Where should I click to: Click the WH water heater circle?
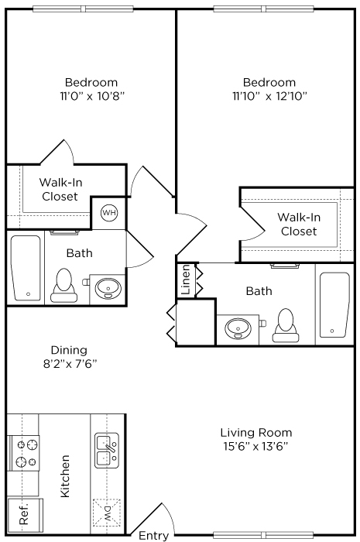click(108, 212)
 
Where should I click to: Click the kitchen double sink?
click(106, 451)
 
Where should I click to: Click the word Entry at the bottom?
click(153, 535)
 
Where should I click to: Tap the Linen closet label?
click(186, 280)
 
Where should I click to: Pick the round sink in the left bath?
click(106, 289)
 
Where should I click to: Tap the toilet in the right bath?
click(286, 325)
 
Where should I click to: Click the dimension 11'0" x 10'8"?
click(91, 97)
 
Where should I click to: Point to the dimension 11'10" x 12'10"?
click(269, 97)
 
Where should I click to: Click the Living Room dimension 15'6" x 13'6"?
click(257, 447)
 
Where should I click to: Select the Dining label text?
click(69, 349)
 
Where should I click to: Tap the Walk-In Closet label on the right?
click(299, 224)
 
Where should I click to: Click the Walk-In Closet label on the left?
click(60, 190)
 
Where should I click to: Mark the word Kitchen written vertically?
click(66, 476)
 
